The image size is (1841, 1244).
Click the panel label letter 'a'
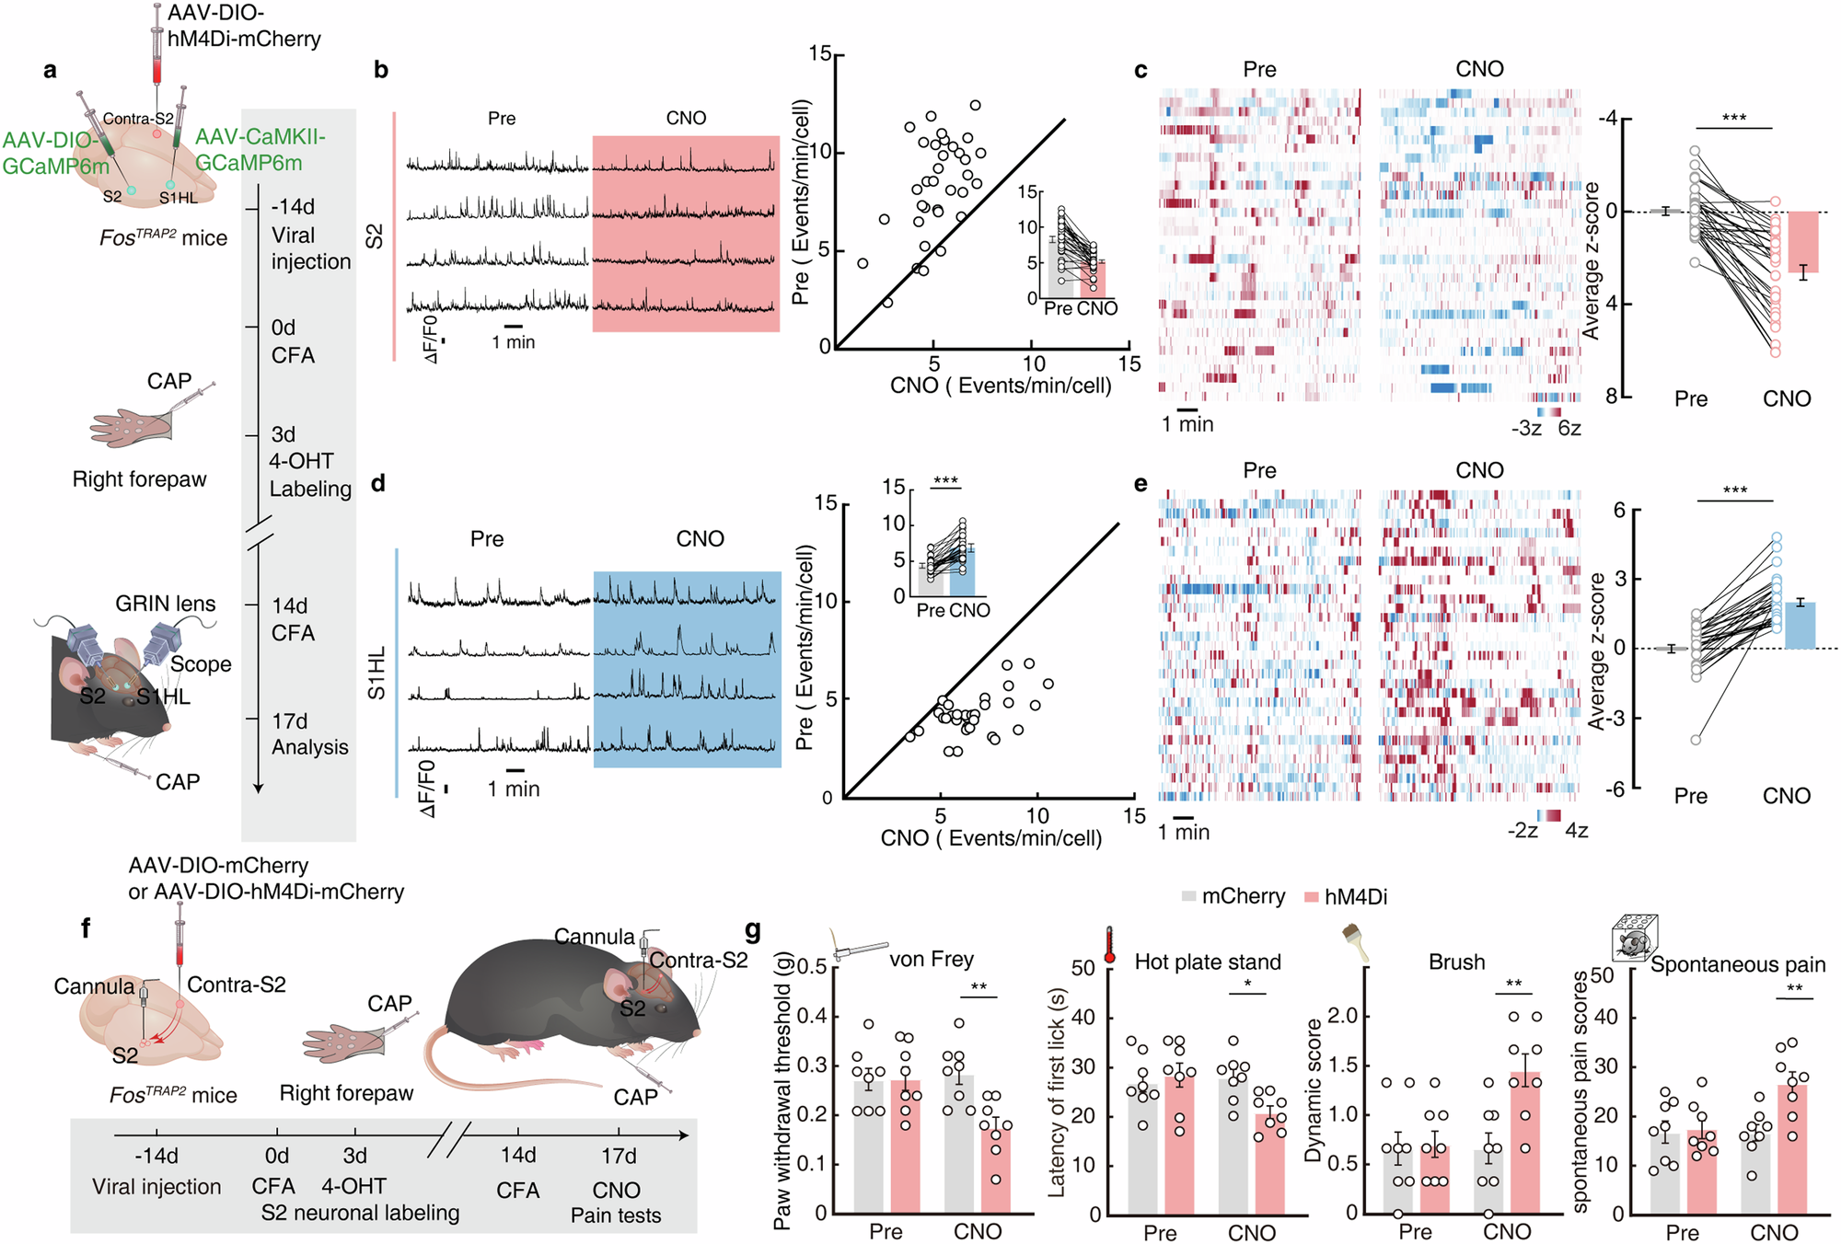click(x=50, y=71)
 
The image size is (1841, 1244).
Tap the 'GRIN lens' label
click(x=166, y=604)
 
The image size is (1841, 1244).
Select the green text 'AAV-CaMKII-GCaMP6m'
click(x=261, y=150)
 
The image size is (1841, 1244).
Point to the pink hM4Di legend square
click(x=1312, y=896)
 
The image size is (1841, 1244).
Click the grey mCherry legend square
click(x=1189, y=896)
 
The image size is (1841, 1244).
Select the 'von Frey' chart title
click(x=931, y=959)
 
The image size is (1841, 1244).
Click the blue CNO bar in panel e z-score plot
click(x=1800, y=626)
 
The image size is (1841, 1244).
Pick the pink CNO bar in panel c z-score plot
click(x=1803, y=241)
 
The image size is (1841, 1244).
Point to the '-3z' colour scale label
click(x=1526, y=428)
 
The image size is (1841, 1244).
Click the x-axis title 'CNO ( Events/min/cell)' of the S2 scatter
click(x=1001, y=386)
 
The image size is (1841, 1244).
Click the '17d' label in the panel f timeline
click(x=619, y=1156)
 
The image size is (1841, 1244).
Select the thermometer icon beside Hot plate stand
click(x=1109, y=946)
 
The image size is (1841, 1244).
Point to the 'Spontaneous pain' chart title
click(x=1737, y=964)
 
